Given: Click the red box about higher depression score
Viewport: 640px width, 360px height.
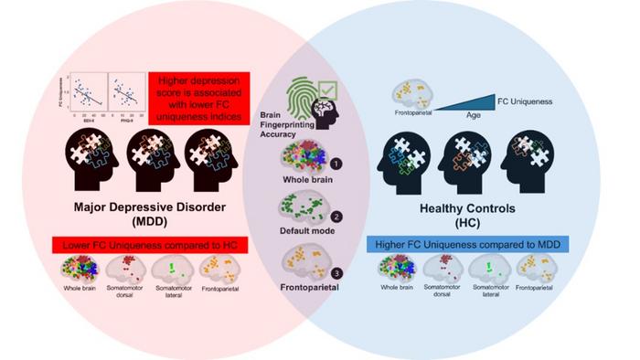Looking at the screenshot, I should pos(198,100).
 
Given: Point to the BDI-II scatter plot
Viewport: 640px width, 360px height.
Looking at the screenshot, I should pos(88,95).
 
